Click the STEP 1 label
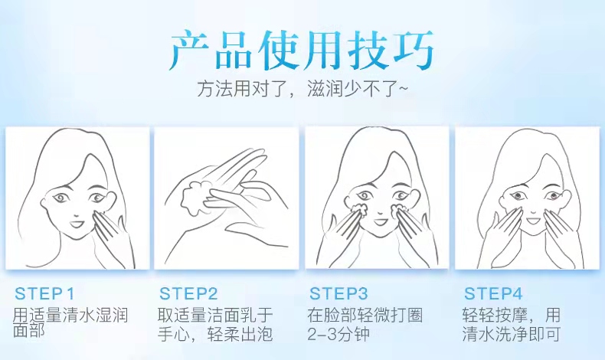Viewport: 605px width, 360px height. coord(44,293)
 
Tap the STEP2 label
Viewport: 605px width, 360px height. coord(188,293)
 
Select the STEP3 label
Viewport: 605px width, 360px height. coord(338,293)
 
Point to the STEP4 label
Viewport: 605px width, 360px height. coord(493,293)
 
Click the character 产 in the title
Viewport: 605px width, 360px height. coord(190,51)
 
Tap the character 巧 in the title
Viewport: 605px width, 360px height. coord(414,51)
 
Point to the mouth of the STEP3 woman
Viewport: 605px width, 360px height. coord(379,222)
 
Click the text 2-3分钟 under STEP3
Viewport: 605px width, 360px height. coord(338,334)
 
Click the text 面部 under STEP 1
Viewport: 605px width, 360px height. coord(29,330)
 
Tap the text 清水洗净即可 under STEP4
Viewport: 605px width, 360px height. coord(512,334)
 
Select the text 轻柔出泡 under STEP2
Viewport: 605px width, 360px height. coord(240,334)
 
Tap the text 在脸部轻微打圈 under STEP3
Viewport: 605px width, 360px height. coord(365,316)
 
